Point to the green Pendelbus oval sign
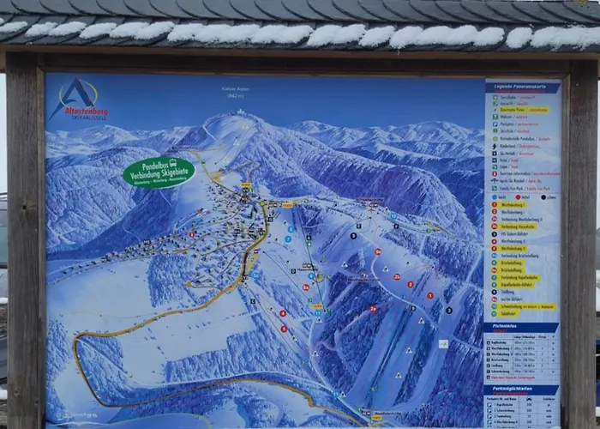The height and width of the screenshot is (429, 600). tap(159, 172)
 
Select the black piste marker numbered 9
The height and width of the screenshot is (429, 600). tap(353, 234)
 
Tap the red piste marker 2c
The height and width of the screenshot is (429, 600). tap(378, 251)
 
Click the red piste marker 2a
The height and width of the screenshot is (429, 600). tap(373, 308)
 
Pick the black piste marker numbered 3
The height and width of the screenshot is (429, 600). tap(448, 310)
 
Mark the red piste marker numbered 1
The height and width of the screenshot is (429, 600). tap(429, 295)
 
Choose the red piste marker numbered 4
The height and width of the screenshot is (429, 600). tap(283, 314)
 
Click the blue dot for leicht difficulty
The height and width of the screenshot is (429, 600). tap(495, 196)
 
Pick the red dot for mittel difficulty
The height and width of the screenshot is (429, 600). tap(518, 196)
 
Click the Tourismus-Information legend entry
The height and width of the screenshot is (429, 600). tap(523, 173)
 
